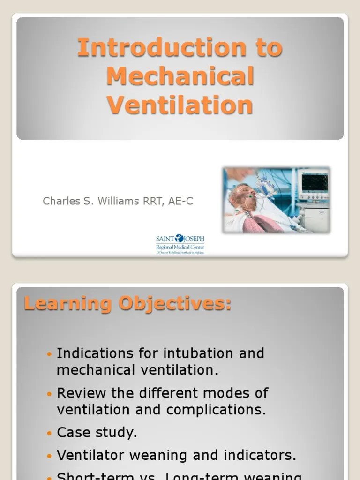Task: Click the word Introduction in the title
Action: click(x=161, y=48)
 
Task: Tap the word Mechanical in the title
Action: click(x=180, y=76)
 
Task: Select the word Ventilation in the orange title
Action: click(x=180, y=105)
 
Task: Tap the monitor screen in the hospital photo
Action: click(x=315, y=182)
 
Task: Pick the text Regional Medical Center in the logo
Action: click(x=180, y=247)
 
